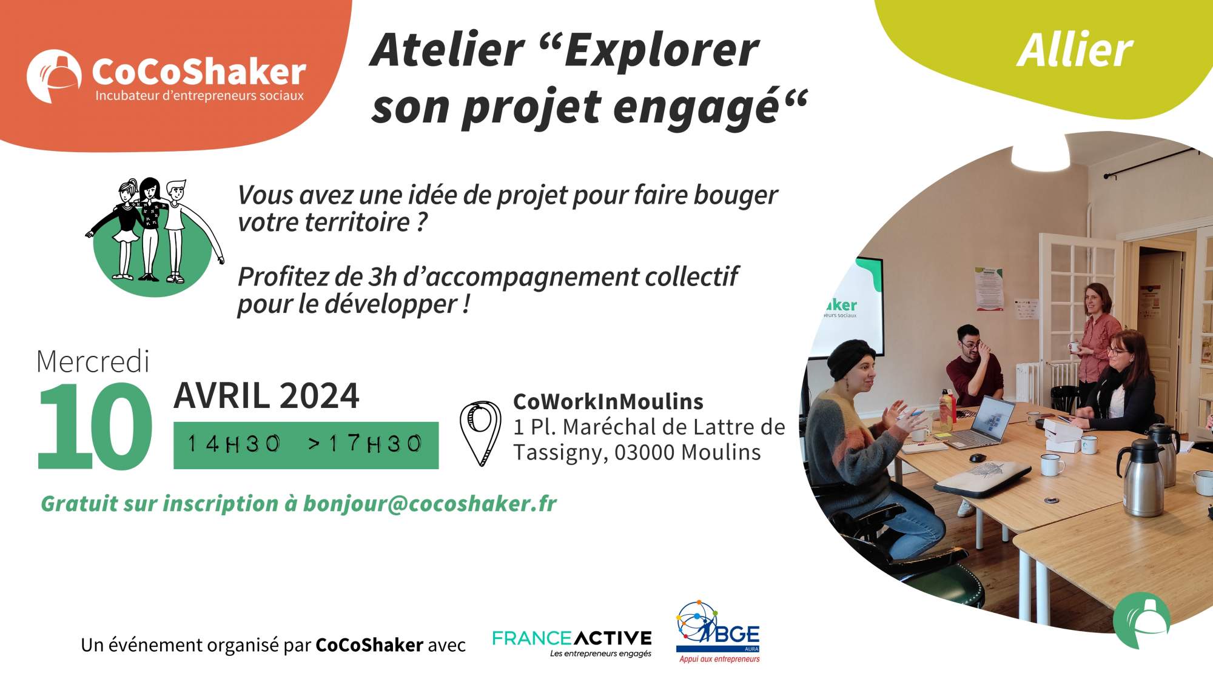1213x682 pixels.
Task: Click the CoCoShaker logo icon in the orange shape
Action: tap(54, 76)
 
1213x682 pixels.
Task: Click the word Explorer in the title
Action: tap(661, 50)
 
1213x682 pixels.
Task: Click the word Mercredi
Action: tap(93, 362)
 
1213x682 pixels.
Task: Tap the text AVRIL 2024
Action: tap(266, 396)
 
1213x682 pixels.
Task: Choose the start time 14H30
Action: tap(234, 444)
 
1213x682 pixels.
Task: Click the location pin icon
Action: tap(480, 432)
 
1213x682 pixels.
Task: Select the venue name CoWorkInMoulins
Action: tap(608, 402)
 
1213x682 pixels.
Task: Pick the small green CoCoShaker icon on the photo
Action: tap(1142, 620)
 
